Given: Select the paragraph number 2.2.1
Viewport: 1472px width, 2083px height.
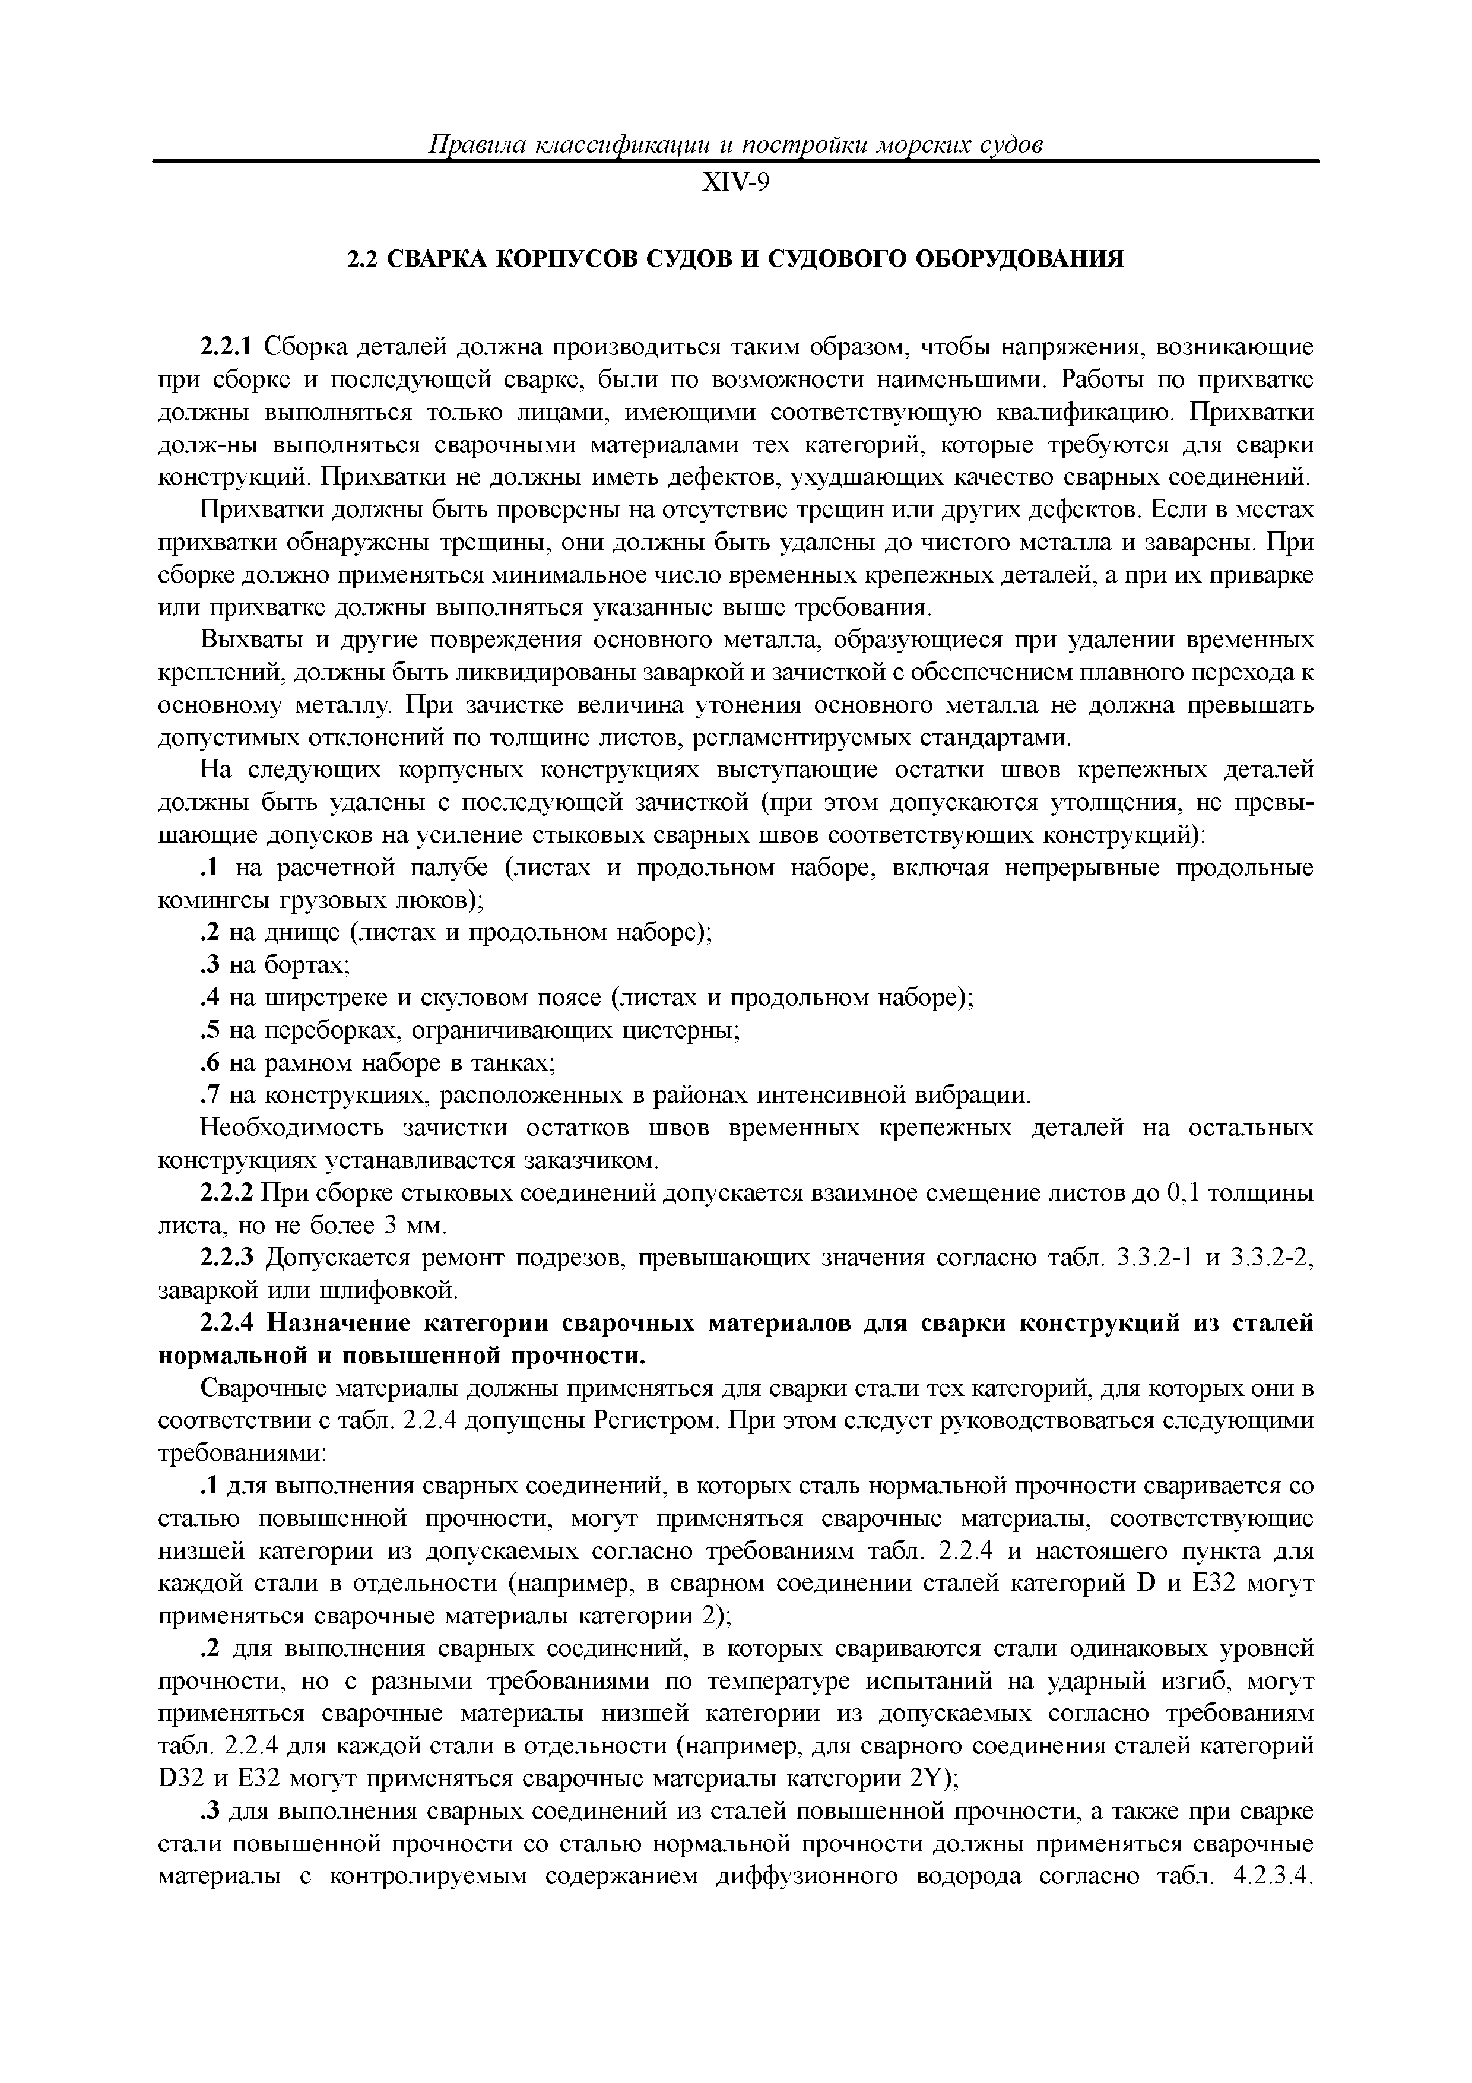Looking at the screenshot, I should coord(229,347).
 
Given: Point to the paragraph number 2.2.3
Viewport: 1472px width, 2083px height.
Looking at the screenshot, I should coord(229,1259).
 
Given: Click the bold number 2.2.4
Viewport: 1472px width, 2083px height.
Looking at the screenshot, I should coord(229,1325).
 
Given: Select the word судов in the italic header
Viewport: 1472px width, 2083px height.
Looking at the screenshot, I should coord(1011,144).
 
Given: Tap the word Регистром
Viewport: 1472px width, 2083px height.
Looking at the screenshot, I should coord(658,1423).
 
